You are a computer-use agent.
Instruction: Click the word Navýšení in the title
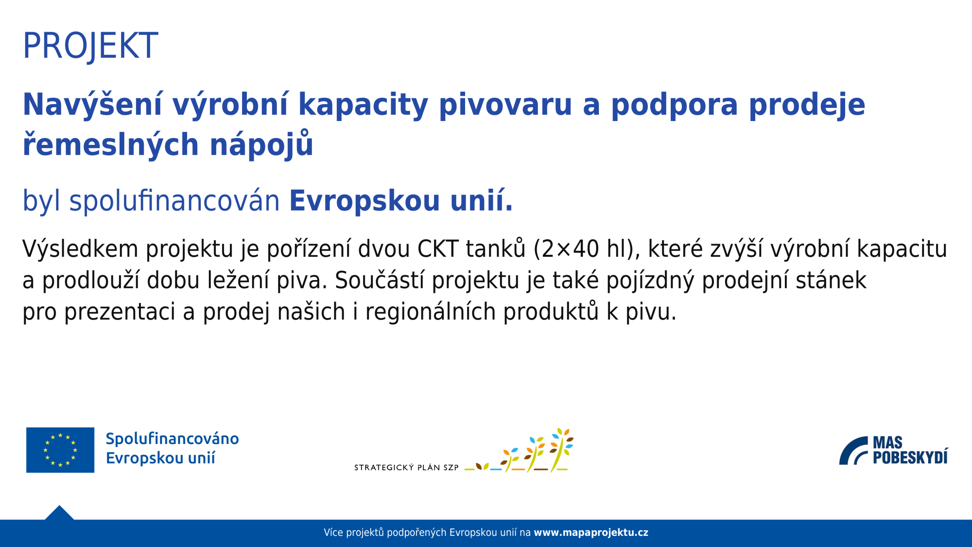pyautogui.click(x=92, y=105)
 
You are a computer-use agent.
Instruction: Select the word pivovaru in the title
pyautogui.click(x=505, y=105)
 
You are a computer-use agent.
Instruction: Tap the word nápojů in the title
pyautogui.click(x=261, y=145)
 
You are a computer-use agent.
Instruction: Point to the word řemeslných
pyautogui.click(x=111, y=145)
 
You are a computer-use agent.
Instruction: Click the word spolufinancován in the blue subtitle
pyautogui.click(x=174, y=201)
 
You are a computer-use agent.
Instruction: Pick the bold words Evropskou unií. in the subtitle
pyautogui.click(x=401, y=201)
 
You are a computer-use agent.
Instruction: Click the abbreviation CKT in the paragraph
pyautogui.click(x=437, y=249)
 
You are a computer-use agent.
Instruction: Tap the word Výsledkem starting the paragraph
pyautogui.click(x=80, y=249)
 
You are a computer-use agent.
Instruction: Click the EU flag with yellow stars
pyautogui.click(x=60, y=450)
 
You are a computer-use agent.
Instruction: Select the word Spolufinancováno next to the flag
pyautogui.click(x=172, y=439)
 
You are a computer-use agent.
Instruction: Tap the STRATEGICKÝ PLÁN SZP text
pyautogui.click(x=406, y=468)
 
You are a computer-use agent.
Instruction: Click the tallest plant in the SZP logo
pyautogui.click(x=561, y=449)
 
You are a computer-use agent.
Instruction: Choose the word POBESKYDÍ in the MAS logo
pyautogui.click(x=910, y=458)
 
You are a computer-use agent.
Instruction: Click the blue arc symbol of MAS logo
pyautogui.click(x=853, y=451)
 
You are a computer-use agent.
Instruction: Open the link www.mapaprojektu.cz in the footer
pyautogui.click(x=591, y=533)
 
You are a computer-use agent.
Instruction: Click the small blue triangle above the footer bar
pyautogui.click(x=59, y=513)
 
